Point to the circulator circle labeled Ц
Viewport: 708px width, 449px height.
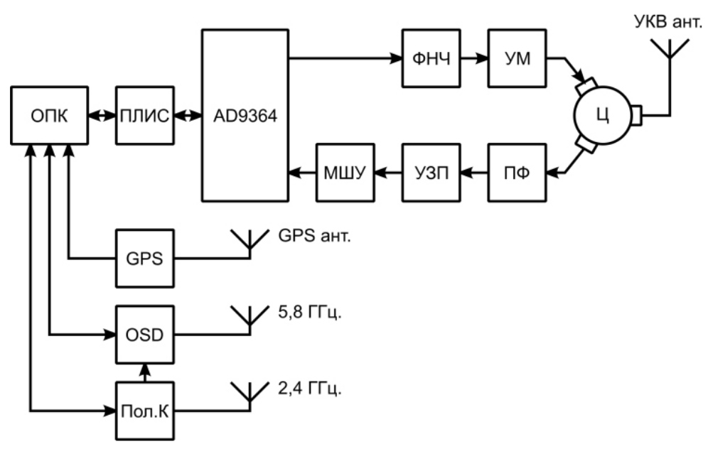tap(603, 115)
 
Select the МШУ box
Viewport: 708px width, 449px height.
tap(345, 173)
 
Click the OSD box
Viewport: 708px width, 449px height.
tap(144, 332)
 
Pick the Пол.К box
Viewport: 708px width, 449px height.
tap(144, 410)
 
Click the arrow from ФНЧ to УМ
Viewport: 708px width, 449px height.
tap(473, 58)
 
